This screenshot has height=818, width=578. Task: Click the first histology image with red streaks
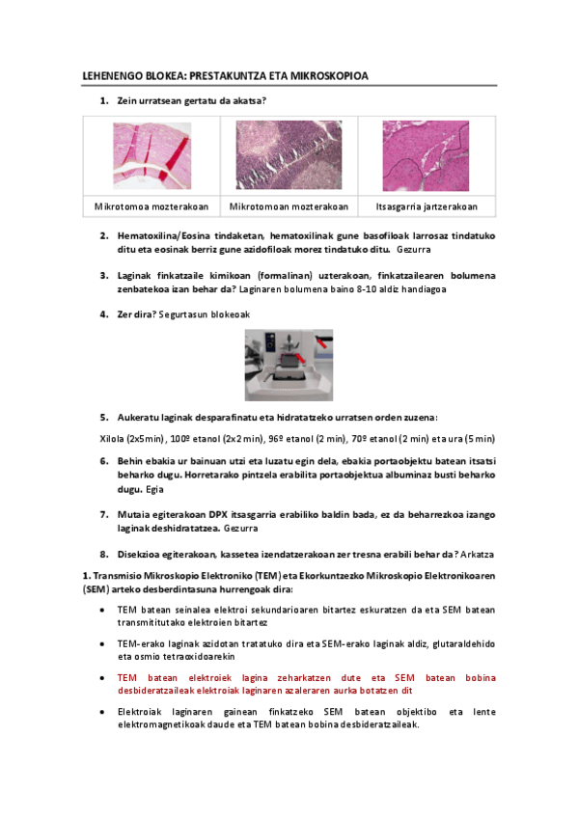[x=152, y=155]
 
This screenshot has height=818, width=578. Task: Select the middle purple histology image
[x=289, y=155]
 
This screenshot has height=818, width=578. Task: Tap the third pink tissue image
[x=426, y=155]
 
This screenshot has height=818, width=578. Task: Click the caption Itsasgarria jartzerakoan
[x=426, y=207]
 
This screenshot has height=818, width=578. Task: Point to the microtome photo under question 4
[x=289, y=364]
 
